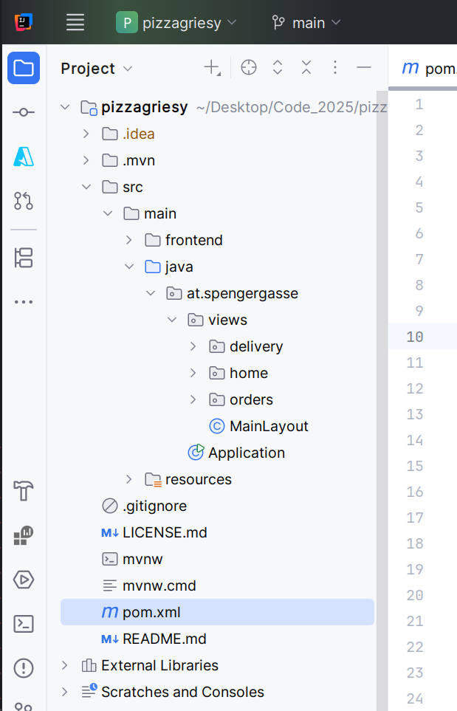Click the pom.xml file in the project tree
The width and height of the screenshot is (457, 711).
[151, 612]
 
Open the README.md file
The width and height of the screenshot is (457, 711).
[164, 639]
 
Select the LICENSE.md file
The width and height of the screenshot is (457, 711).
[165, 532]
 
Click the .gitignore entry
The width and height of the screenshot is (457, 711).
[154, 506]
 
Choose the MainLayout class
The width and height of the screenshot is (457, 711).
[269, 426]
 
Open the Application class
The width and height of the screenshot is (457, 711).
[246, 453]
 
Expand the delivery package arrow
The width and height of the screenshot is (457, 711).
[193, 346]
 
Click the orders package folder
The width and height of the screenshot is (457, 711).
[217, 399]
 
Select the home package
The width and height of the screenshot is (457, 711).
[249, 373]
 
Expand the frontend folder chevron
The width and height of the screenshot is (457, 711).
[128, 240]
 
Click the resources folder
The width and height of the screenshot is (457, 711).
[198, 479]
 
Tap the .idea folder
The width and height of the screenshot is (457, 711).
[138, 134]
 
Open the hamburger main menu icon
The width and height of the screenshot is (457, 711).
[75, 22]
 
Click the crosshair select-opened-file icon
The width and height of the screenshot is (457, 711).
[249, 68]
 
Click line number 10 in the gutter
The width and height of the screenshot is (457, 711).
[415, 337]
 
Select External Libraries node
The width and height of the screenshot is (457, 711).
[159, 665]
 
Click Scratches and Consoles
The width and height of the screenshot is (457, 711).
[182, 692]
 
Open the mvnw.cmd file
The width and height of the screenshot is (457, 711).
[159, 585]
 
